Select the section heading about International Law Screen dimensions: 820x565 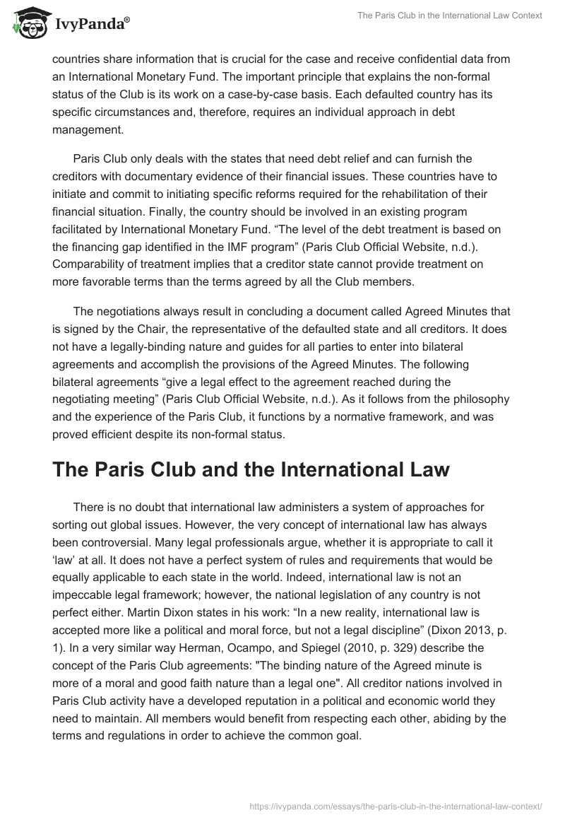coord(251,471)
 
